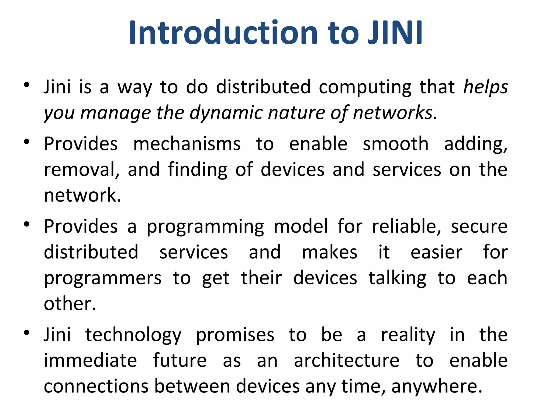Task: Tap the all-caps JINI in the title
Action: [x=395, y=33]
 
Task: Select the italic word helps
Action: [x=485, y=87]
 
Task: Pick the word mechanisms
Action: [x=187, y=144]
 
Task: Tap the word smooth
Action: [x=395, y=144]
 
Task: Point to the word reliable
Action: [x=406, y=226]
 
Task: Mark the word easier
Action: [x=436, y=252]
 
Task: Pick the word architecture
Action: [x=347, y=361]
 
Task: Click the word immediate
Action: [x=91, y=361]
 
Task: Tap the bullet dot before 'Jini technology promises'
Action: [x=26, y=333]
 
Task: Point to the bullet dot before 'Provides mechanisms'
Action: [x=26, y=142]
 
